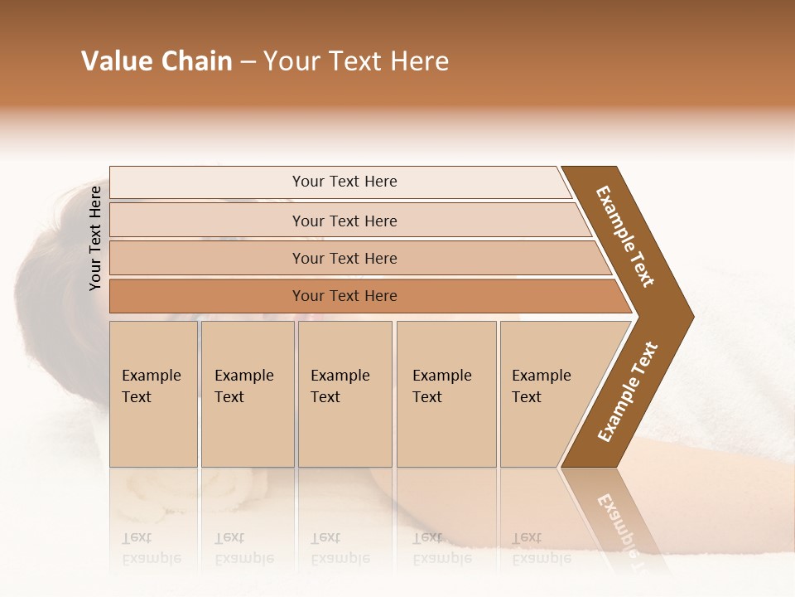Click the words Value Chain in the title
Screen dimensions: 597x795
click(x=157, y=61)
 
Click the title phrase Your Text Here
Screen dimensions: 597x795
click(x=356, y=61)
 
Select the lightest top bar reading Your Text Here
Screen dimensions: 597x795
click(x=344, y=182)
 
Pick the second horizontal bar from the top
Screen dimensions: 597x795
click(x=344, y=221)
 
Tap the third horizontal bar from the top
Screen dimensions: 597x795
click(x=344, y=258)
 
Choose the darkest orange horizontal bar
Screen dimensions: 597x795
click(x=344, y=296)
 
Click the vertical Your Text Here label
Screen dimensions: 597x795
click(x=96, y=238)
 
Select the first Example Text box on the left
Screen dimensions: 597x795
click(x=153, y=394)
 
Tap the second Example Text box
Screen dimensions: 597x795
click(x=247, y=394)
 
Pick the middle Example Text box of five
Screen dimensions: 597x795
click(x=344, y=394)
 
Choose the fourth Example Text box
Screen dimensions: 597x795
click(x=446, y=394)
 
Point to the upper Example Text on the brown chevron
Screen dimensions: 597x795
click(x=626, y=235)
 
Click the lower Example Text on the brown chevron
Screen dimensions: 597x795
click(x=628, y=392)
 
